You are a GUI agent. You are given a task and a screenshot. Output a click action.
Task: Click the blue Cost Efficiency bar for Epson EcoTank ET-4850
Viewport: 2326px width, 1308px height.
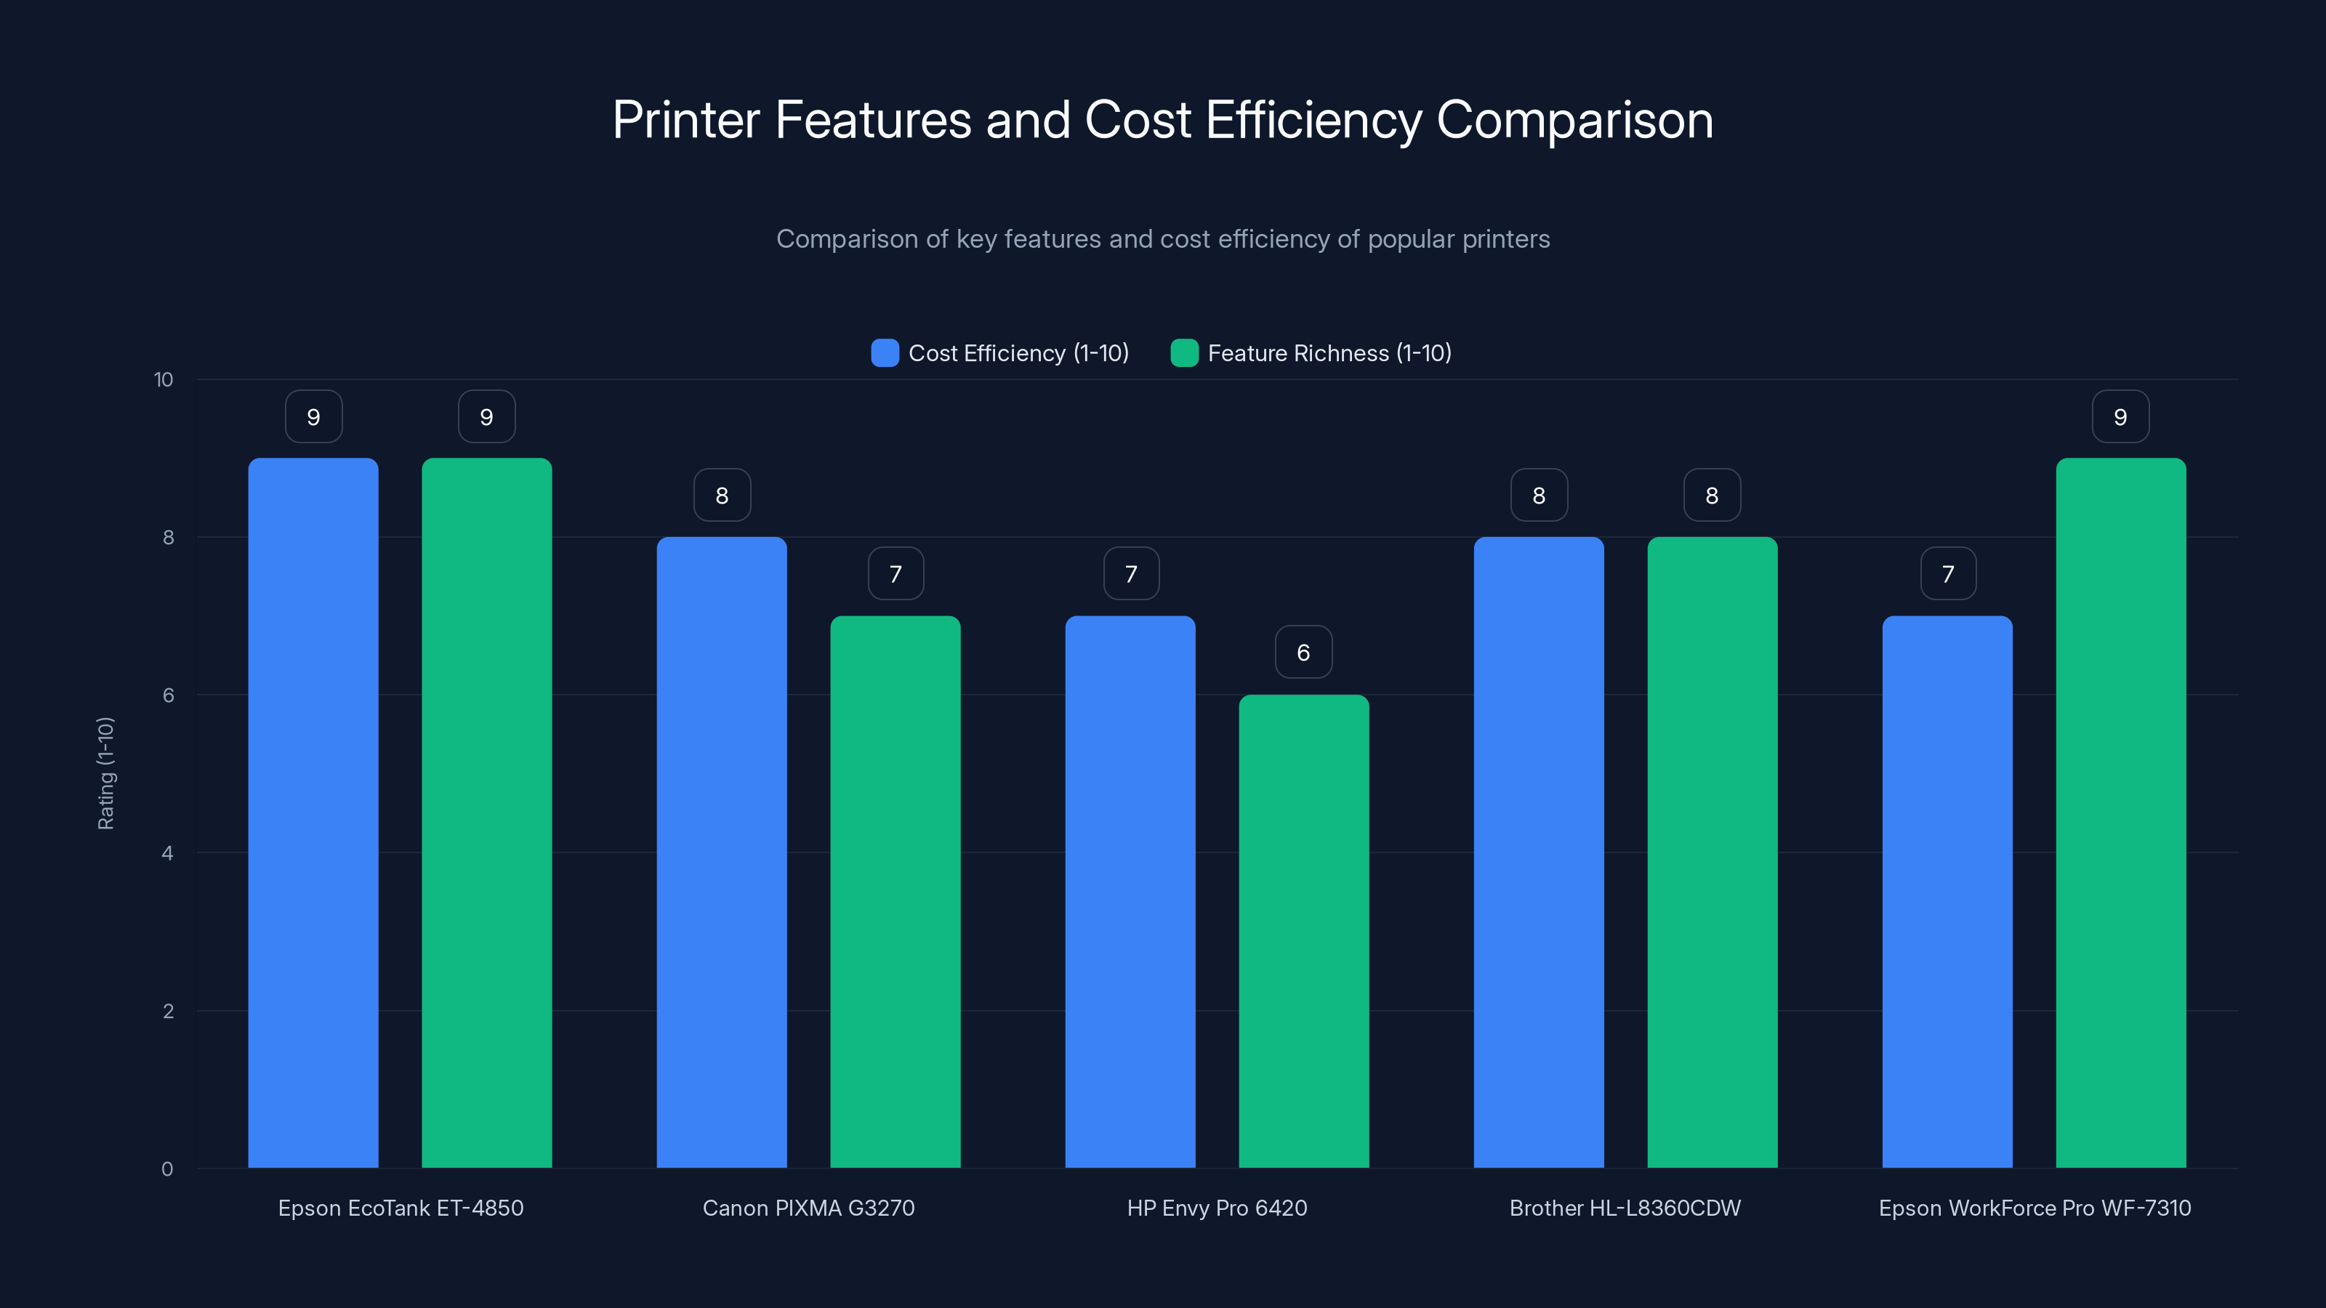tap(313, 812)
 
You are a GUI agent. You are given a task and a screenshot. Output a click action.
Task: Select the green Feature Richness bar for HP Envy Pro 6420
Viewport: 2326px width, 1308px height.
tap(1303, 931)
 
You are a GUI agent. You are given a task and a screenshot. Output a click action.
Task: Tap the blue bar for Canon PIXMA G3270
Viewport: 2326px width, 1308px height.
tap(722, 852)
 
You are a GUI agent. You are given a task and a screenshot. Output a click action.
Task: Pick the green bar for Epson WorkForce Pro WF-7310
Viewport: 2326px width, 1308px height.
tap(2120, 812)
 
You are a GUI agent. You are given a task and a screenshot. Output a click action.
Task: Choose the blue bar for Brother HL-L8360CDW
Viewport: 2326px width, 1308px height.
tap(1539, 852)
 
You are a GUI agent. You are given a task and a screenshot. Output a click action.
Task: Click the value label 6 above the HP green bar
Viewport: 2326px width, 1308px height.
tap(1303, 652)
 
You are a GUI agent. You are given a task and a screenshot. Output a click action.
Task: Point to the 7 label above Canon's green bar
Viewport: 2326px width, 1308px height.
tap(896, 573)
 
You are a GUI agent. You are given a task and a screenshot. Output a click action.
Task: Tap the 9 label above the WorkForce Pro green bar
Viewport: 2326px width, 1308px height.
tap(2120, 416)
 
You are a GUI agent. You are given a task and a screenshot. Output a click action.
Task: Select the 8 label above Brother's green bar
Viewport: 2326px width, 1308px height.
tap(1712, 495)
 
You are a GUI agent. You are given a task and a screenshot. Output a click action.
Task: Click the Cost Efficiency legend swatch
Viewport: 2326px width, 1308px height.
tap(885, 353)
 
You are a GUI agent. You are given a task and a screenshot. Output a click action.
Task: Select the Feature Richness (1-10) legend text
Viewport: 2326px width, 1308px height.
tap(1329, 353)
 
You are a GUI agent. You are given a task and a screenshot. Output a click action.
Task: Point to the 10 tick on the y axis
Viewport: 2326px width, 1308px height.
tap(164, 379)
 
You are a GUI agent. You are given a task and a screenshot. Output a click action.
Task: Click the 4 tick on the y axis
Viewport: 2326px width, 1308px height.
tap(167, 853)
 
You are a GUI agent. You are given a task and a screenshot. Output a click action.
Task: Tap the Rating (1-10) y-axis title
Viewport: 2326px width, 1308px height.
tap(105, 772)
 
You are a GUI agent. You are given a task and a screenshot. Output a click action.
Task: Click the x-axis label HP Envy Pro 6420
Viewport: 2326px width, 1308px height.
tap(1216, 1208)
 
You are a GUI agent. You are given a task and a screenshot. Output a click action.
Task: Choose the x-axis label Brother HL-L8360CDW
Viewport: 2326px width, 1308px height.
tap(1625, 1208)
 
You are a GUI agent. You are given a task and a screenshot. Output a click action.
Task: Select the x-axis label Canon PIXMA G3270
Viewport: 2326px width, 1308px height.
tap(808, 1208)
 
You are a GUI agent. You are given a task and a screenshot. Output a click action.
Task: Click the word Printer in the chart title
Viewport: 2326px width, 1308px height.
tap(686, 120)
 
